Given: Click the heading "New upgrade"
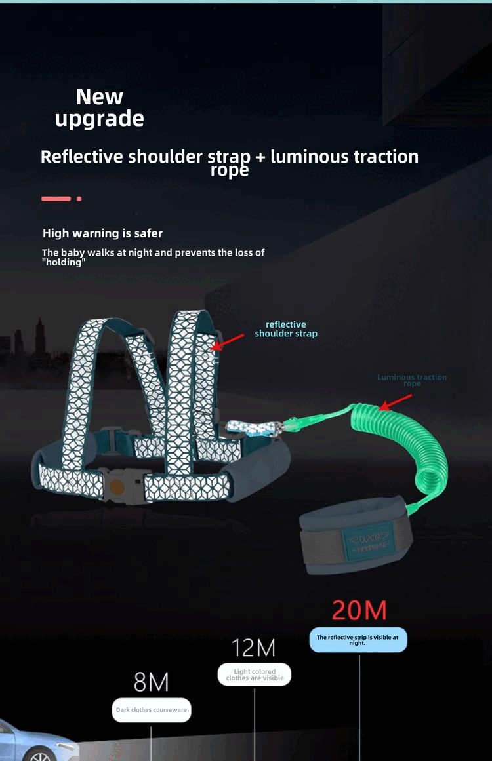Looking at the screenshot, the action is click(100, 107).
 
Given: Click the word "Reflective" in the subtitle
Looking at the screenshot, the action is click(82, 157).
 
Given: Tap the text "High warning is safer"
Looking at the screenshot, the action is click(102, 233).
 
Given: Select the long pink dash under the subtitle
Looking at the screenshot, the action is click(56, 199).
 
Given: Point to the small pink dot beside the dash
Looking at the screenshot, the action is click(79, 199).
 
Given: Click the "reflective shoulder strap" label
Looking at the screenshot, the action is click(286, 329).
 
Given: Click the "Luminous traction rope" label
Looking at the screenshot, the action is click(412, 380).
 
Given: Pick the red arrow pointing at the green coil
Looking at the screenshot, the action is click(396, 400).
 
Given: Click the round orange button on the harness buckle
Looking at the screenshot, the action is click(117, 487).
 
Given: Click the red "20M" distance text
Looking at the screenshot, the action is click(359, 610).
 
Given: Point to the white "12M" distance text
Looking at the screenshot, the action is click(254, 648).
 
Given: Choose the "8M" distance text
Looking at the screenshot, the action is click(151, 682).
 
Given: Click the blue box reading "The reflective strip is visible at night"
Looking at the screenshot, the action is click(358, 640).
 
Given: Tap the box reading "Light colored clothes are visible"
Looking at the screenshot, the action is click(255, 674).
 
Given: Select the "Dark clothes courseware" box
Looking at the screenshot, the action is click(152, 710).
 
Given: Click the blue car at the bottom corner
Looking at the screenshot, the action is click(30, 744).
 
